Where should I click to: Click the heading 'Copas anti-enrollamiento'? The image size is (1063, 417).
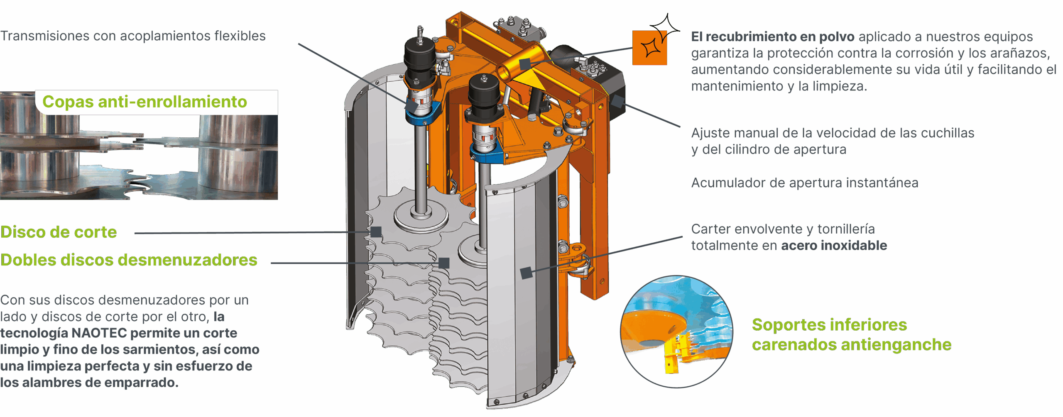pos(145,102)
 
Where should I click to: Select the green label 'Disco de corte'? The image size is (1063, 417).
pos(59,232)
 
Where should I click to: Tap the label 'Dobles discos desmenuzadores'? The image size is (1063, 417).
pos(129,260)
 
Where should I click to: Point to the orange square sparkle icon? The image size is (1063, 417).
pos(649,47)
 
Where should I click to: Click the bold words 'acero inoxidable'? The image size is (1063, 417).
pos(834,245)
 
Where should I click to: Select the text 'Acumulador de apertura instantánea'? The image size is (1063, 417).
pos(805,183)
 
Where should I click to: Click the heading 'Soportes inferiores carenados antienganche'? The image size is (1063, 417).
pos(851,334)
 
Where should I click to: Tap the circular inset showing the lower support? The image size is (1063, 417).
pos(676,332)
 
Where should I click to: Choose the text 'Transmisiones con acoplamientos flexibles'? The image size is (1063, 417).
pos(133,36)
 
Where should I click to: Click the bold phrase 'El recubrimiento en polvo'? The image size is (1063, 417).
pos(773,37)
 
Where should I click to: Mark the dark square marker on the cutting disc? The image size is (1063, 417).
pos(376,232)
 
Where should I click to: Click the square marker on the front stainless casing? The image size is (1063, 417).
pos(527,273)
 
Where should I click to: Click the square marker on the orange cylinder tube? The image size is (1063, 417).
pos(525,64)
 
